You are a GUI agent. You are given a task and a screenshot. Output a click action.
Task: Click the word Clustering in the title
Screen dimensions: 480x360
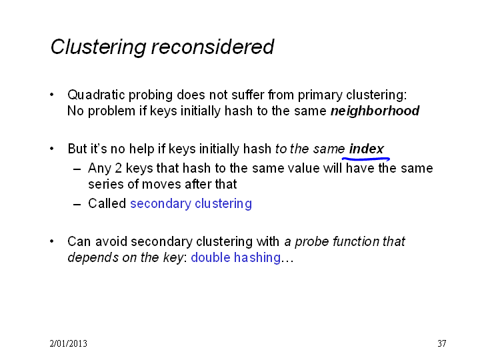pos(98,47)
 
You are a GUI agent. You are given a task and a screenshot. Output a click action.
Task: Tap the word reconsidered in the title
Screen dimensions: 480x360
pos(213,47)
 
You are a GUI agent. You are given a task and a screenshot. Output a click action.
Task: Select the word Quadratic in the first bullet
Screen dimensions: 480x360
pos(96,95)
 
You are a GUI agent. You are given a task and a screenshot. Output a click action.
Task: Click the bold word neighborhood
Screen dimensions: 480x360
pos(375,111)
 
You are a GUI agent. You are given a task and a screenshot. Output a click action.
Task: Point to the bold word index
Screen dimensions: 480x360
pos(366,149)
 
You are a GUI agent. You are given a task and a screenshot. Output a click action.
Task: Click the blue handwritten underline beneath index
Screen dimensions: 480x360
pos(366,159)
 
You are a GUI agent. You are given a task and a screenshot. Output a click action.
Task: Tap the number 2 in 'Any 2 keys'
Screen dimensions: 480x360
pos(119,169)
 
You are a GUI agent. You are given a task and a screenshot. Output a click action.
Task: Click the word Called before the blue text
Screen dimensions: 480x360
pos(107,203)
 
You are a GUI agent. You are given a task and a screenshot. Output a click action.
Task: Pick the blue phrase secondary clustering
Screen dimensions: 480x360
pos(191,204)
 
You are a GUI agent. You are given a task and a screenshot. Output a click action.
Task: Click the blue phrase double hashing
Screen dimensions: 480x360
pos(236,257)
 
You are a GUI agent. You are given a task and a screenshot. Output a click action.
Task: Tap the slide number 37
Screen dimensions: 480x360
pos(442,343)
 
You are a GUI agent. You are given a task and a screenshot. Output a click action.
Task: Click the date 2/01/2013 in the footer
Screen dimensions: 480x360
pos(68,343)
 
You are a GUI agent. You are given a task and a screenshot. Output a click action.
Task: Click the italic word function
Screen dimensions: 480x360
pos(351,241)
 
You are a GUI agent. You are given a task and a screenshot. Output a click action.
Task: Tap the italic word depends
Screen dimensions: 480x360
pos(93,257)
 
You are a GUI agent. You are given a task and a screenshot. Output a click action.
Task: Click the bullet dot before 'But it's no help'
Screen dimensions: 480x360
pos(52,149)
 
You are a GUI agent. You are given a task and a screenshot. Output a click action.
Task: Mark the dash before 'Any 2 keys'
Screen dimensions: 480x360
pos(77,169)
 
